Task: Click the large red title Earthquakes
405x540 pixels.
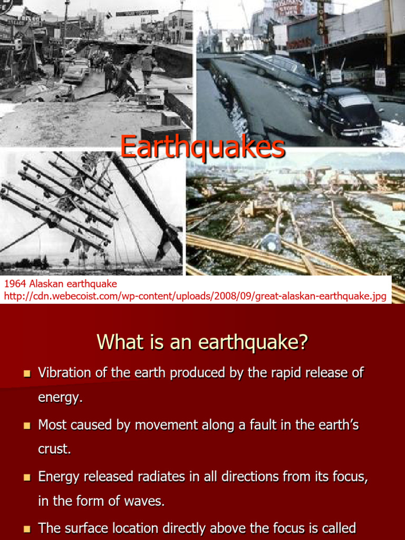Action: tap(202, 147)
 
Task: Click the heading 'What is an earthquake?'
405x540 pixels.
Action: tap(202, 343)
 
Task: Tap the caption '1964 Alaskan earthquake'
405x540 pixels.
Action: tap(61, 284)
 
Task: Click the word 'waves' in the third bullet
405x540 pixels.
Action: tap(147, 502)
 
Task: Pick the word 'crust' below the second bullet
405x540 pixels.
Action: tap(53, 449)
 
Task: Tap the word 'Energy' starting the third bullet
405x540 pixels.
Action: tap(59, 477)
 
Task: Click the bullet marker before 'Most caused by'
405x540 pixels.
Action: tap(27, 426)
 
